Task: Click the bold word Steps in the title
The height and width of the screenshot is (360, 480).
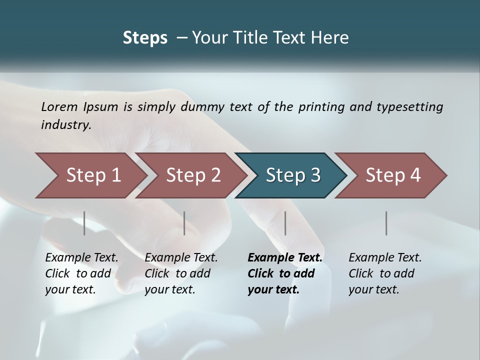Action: [x=145, y=38]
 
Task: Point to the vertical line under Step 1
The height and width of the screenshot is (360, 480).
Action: [x=84, y=223]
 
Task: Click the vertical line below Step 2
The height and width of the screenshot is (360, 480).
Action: [x=184, y=223]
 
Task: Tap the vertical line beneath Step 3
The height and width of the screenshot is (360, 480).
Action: [x=285, y=223]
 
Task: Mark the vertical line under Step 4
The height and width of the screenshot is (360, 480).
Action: [x=386, y=223]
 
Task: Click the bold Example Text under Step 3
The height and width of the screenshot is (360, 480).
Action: [x=285, y=258]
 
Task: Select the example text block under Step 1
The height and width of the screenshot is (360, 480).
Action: [x=81, y=273]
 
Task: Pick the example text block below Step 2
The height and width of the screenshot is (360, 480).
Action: [x=181, y=273]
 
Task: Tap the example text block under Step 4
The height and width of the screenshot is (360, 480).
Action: [x=385, y=273]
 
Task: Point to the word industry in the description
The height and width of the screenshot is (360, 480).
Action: [x=65, y=125]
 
